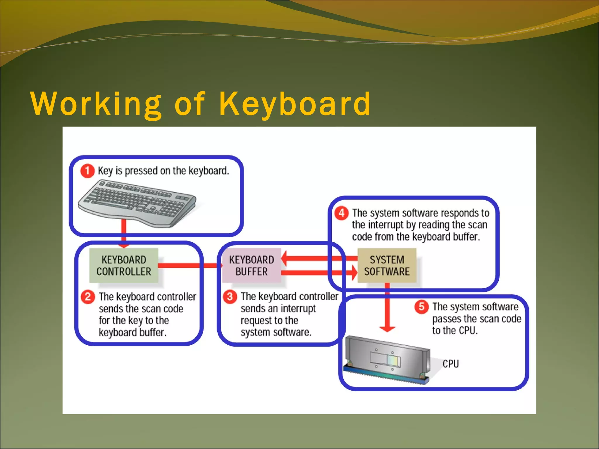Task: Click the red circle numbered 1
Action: click(87, 171)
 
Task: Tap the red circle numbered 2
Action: click(88, 297)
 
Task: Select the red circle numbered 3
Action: click(230, 297)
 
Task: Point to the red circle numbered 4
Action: click(341, 213)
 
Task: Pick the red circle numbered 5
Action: click(421, 307)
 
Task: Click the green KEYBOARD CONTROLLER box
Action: click(124, 265)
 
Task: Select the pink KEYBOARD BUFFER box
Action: click(252, 265)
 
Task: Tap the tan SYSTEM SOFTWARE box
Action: click(387, 265)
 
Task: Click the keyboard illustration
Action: click(137, 203)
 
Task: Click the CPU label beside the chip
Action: click(450, 364)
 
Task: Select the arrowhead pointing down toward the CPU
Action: click(387, 329)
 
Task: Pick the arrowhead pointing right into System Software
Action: click(354, 273)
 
